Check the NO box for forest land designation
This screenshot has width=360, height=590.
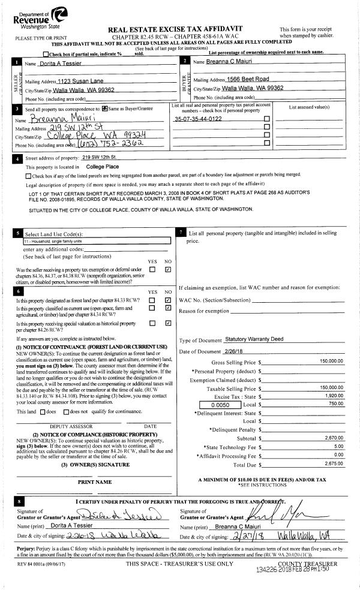(x=168, y=300)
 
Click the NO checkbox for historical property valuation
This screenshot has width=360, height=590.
(x=168, y=323)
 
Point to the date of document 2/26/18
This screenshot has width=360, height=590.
(x=237, y=351)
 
